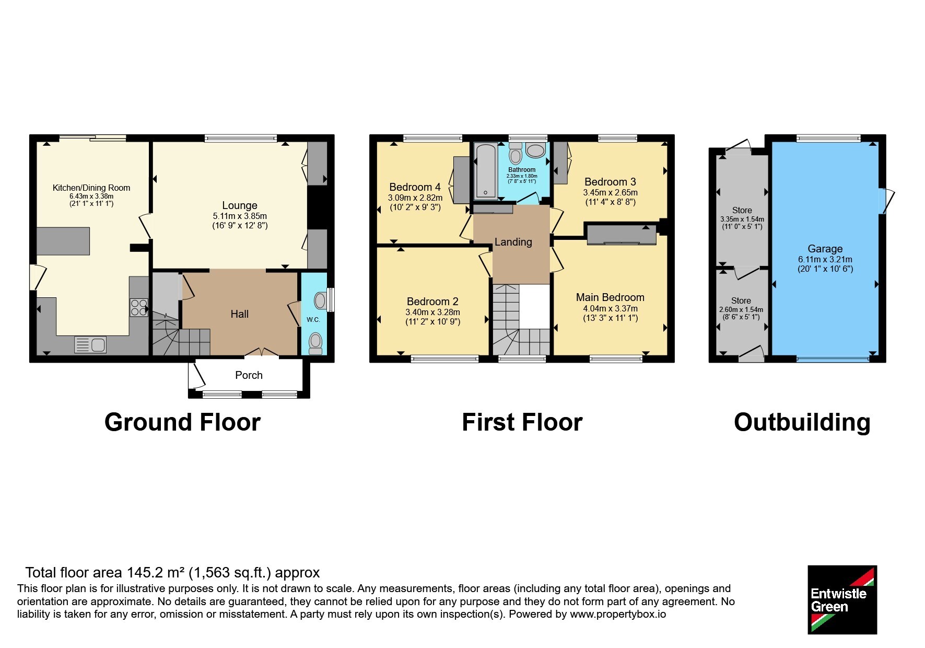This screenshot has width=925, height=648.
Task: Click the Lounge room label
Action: click(240, 205)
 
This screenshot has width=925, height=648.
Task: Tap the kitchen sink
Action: click(90, 345)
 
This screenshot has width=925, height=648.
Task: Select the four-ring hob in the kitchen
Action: click(139, 307)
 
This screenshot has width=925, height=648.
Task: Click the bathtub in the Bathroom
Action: click(486, 171)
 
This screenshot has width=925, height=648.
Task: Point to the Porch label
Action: click(249, 375)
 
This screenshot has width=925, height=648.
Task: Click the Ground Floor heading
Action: click(182, 422)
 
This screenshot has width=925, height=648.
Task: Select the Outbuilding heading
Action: click(802, 422)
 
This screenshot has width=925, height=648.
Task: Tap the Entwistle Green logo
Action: click(842, 599)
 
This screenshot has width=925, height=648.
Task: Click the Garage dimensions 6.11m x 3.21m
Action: click(825, 259)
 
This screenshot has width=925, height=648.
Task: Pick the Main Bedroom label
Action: click(610, 297)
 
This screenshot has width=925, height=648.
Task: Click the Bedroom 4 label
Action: click(415, 187)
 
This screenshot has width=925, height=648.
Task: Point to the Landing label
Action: click(513, 242)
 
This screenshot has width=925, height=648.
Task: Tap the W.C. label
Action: click(313, 320)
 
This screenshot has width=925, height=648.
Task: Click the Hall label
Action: click(240, 314)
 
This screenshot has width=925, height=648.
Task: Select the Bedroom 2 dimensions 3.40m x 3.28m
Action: click(432, 313)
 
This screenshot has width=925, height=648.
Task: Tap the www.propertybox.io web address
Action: click(618, 615)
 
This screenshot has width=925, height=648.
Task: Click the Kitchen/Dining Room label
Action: click(91, 188)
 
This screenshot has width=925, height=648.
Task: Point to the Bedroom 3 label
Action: click(610, 182)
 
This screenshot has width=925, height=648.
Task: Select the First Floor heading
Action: click(522, 422)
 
